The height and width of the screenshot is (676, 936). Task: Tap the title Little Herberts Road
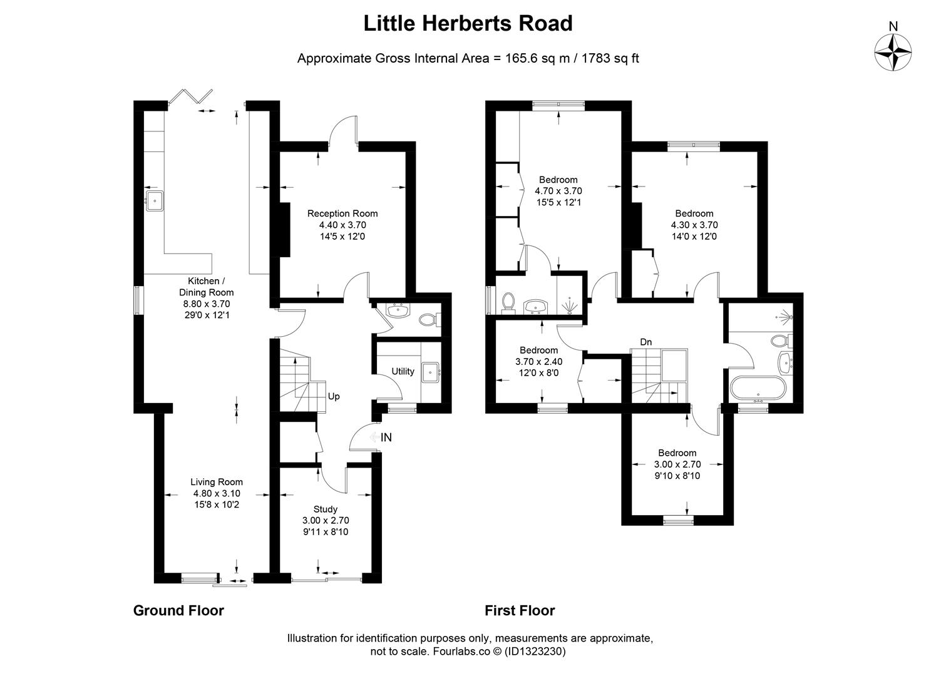(468, 23)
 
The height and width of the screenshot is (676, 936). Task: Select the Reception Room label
(342, 213)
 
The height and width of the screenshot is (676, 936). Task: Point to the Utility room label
(403, 371)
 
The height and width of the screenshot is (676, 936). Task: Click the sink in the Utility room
(431, 372)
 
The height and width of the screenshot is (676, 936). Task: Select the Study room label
(326, 510)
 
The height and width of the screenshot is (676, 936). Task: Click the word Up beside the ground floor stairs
(334, 396)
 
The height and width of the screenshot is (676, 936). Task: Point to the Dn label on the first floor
(646, 342)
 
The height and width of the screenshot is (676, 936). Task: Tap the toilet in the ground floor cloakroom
(429, 320)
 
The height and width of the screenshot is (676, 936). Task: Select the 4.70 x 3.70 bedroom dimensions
(558, 191)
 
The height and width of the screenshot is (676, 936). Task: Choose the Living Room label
(217, 482)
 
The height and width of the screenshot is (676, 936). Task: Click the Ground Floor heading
(178, 610)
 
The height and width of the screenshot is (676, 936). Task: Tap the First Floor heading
(520, 610)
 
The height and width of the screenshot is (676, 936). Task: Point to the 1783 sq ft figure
(610, 58)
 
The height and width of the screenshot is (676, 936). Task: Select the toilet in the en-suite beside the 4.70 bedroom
(508, 302)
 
